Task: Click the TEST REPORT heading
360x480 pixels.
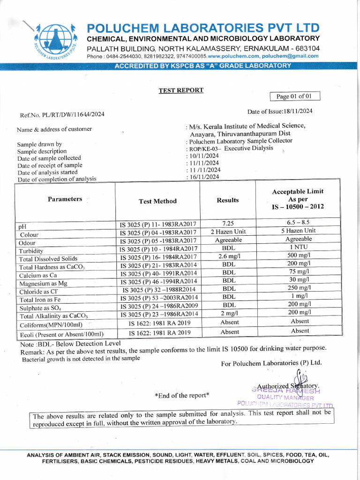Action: [181, 90]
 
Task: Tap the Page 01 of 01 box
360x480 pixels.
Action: [295, 97]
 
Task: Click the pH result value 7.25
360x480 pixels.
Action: [228, 223]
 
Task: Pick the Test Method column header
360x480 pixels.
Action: [158, 201]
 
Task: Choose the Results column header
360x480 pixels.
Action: [228, 200]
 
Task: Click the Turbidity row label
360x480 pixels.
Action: [31, 251]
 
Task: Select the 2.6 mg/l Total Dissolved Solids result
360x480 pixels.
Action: [228, 256]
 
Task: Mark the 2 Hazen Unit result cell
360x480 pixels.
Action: [228, 232]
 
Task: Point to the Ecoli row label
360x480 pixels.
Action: [61, 334]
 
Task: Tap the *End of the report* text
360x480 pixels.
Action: [182, 395]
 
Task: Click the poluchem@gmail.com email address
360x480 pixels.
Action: [290, 56]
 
